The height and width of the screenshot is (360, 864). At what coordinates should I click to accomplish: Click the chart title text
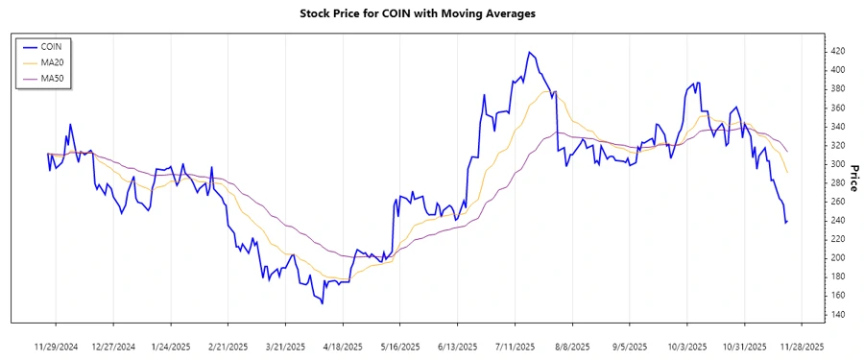click(431, 13)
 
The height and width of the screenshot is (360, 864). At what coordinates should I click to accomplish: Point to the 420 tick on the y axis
click(837, 51)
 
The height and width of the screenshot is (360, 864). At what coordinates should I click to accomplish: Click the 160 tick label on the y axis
click(837, 296)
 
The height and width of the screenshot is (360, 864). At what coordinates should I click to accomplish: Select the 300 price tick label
click(837, 164)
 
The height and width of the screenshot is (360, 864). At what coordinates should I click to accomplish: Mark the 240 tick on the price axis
click(837, 221)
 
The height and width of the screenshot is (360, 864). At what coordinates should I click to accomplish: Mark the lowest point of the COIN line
click(322, 303)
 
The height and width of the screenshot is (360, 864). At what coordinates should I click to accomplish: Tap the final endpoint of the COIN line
click(787, 222)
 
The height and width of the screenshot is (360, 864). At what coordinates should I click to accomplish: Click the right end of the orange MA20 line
click(787, 174)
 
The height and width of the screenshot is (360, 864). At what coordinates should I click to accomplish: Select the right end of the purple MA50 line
click(787, 152)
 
